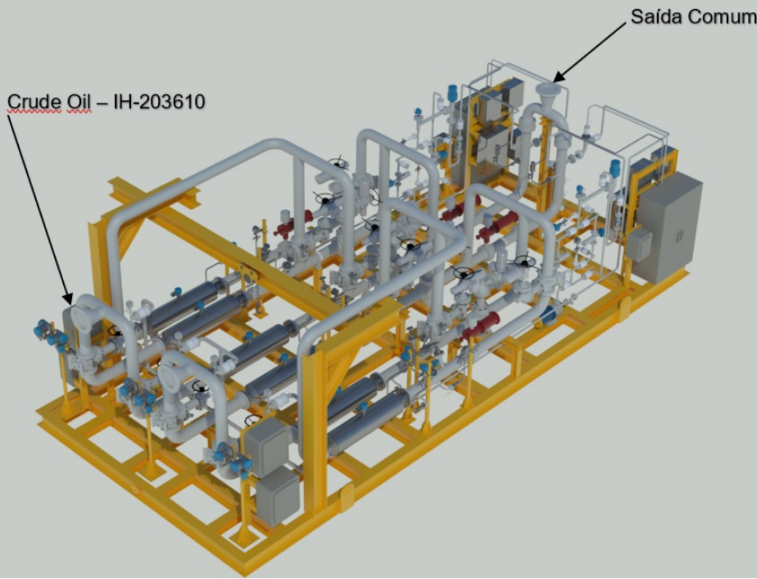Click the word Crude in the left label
pos(35,102)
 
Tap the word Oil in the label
pos(79,102)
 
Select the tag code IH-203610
pos(159,102)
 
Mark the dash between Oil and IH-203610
pos(103,103)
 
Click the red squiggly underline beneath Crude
pos(35,112)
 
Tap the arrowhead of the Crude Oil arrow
pos(68,299)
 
